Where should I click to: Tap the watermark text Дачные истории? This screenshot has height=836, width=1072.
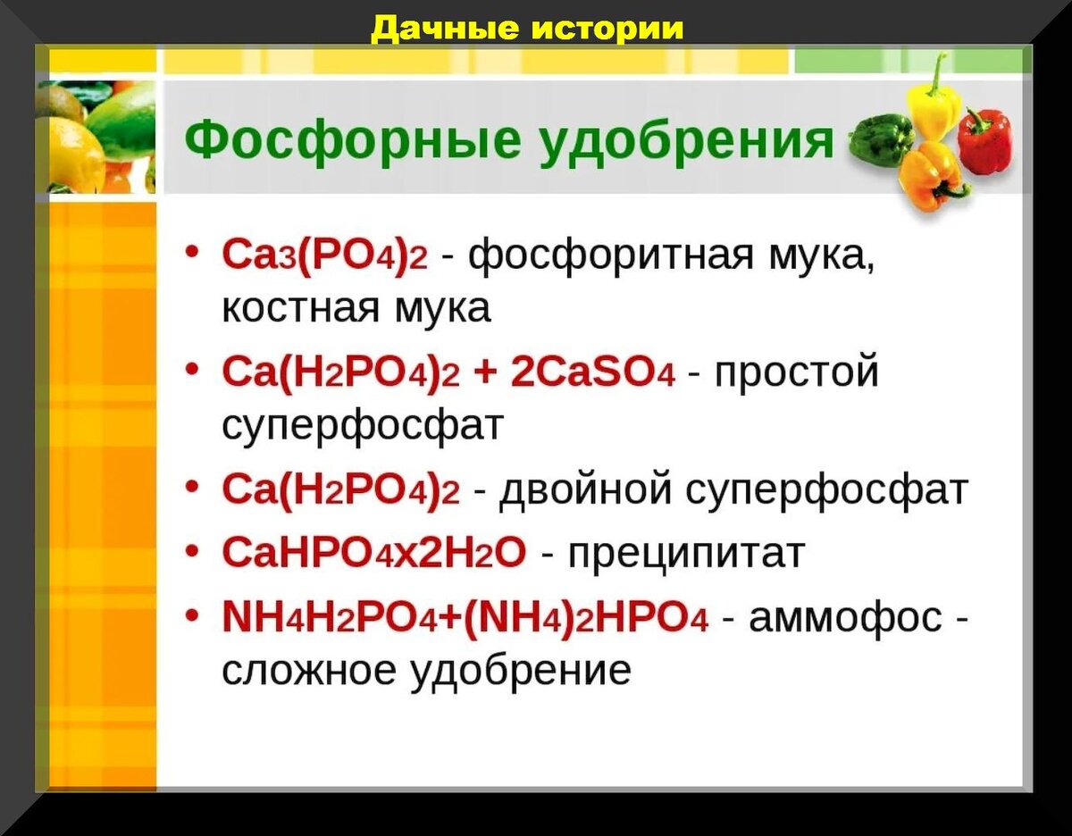pos(527,29)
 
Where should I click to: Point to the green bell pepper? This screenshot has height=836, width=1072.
pos(879,140)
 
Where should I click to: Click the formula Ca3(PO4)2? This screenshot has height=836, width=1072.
pos(325,257)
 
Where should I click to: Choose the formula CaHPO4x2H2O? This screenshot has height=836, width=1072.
pos(374,555)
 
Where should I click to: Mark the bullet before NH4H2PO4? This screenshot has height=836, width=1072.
pos(192,614)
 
